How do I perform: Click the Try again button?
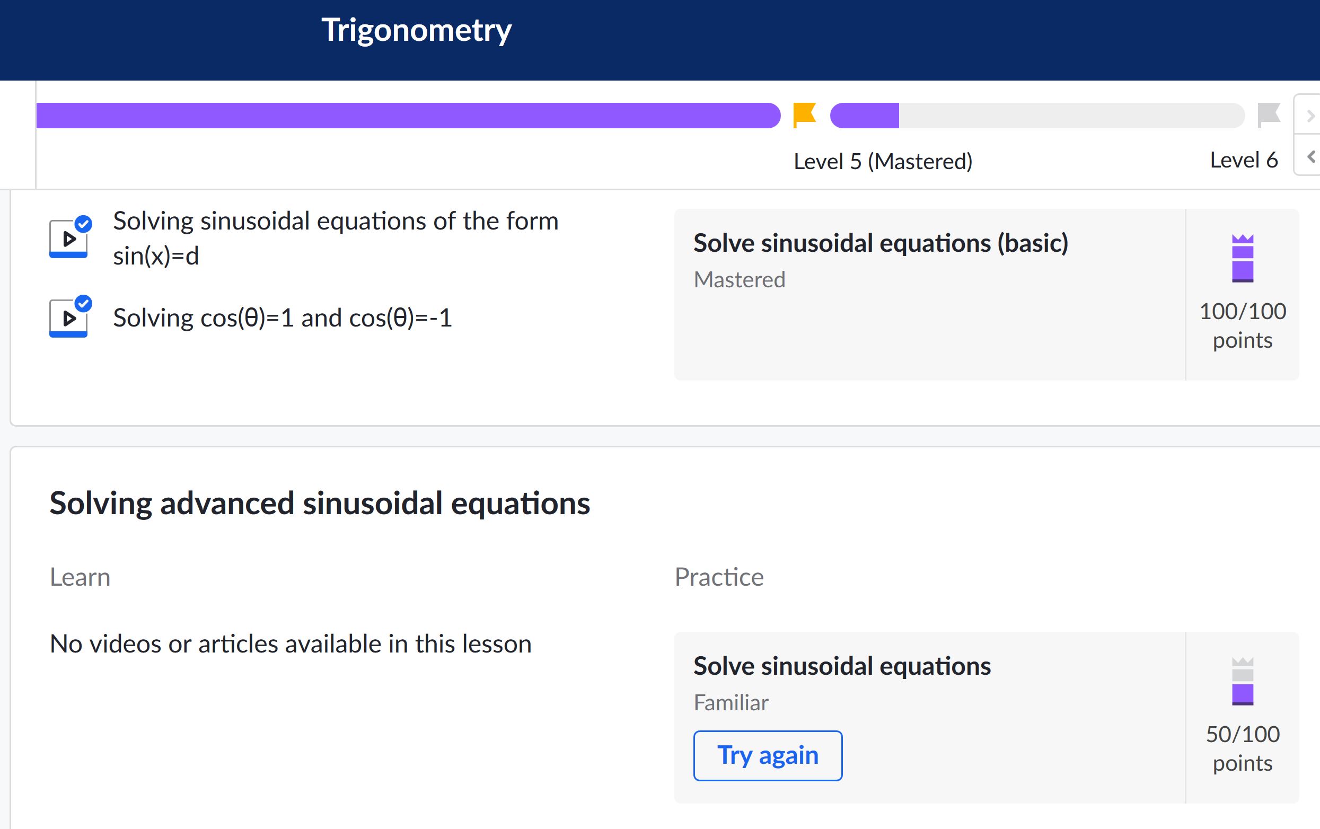point(768,755)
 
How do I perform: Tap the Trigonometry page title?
point(417,31)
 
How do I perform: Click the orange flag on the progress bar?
point(805,115)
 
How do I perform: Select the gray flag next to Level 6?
point(1269,115)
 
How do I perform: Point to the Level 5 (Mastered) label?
point(883,162)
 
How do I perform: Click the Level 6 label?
point(1244,160)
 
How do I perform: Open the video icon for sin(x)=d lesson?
point(69,237)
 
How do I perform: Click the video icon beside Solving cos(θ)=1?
point(69,317)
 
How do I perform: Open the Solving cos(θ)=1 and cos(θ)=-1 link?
point(283,318)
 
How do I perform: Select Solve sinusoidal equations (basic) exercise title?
point(881,243)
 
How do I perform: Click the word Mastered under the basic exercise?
point(740,280)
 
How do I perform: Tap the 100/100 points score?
point(1243,325)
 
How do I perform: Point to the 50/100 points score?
point(1243,748)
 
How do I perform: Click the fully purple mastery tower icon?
point(1243,258)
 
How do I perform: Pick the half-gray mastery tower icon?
point(1243,681)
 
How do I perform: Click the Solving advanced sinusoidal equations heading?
point(320,504)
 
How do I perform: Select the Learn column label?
point(80,577)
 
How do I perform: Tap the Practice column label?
point(719,577)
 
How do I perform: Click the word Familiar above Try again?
point(731,702)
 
